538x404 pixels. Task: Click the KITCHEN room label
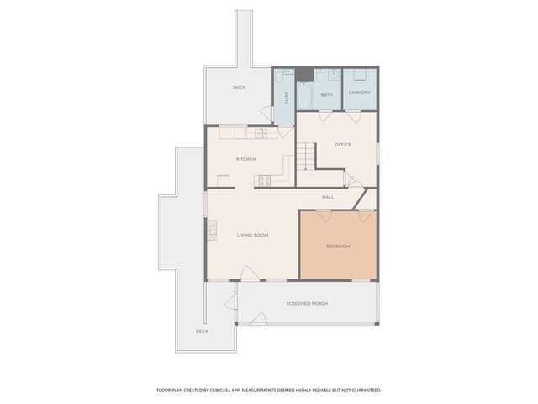coord(245,159)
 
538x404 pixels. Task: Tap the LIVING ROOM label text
coord(252,235)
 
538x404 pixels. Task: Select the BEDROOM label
coord(338,246)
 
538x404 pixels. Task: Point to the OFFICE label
coord(343,145)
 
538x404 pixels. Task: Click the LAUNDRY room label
coord(360,93)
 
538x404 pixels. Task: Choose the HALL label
coord(328,197)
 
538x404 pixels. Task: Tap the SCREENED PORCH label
coord(307,303)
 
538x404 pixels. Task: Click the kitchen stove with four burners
coord(265,179)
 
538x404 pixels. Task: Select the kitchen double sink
coord(261,132)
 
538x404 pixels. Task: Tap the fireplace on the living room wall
coord(212,231)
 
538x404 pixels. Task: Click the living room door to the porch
coord(250,274)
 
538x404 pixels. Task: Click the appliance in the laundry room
coord(358,76)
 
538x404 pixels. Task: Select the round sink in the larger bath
coord(333,75)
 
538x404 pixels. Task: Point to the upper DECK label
coord(239,88)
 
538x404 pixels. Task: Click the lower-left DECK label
coord(202,331)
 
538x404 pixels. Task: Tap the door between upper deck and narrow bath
coord(268,113)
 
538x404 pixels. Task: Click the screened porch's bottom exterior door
coord(259,319)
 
